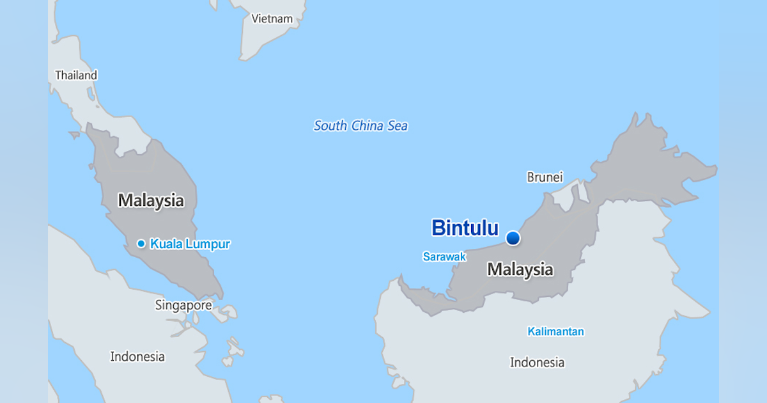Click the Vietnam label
(272, 19)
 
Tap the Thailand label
(76, 75)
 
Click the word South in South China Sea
(330, 126)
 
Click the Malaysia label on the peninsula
(151, 200)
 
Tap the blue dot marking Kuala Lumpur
(141, 244)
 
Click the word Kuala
(166, 244)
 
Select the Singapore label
(183, 305)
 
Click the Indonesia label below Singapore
(137, 356)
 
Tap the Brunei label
(545, 177)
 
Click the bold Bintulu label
(465, 228)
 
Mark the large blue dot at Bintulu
(513, 238)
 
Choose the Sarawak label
(444, 257)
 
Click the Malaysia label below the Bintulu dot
(520, 269)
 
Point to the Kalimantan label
(555, 331)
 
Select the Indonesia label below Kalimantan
(537, 363)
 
